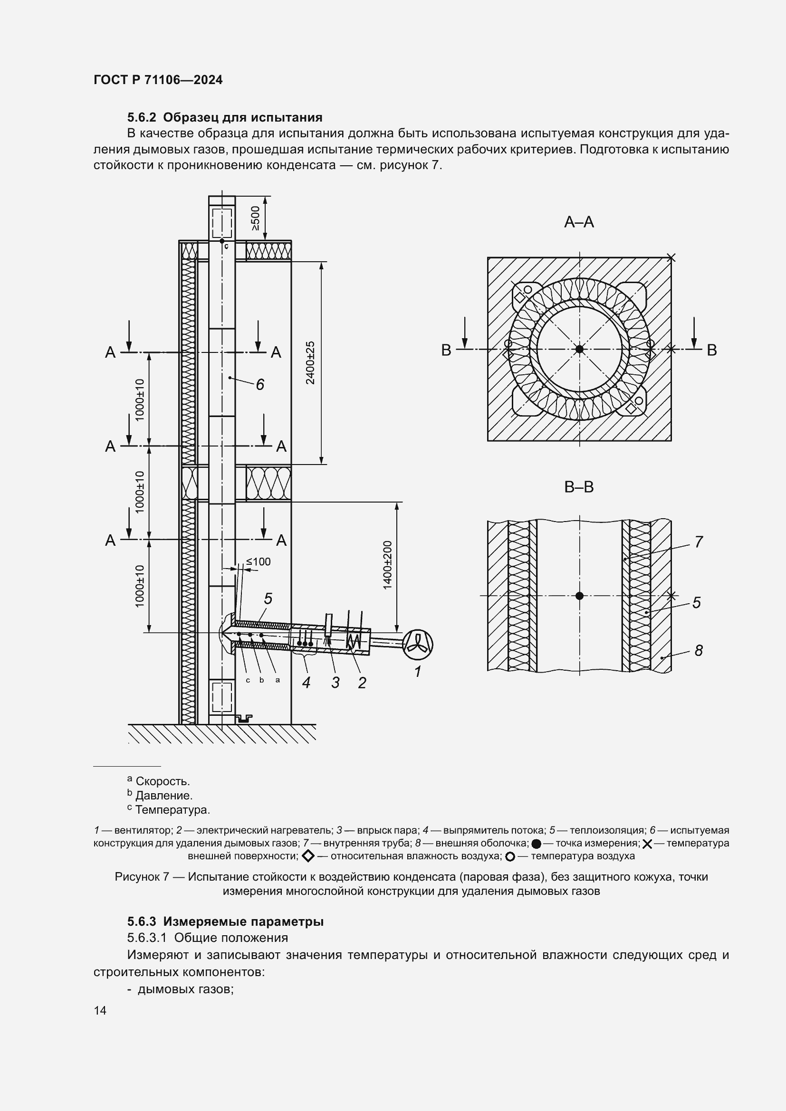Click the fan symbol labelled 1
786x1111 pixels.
click(418, 645)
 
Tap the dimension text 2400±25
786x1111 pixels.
click(311, 363)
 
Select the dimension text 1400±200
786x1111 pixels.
click(387, 565)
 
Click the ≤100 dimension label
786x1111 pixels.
click(259, 562)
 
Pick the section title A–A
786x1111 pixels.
click(579, 222)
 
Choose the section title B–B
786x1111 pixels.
click(579, 487)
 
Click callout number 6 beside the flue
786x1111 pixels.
click(260, 385)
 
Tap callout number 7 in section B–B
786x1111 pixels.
click(699, 542)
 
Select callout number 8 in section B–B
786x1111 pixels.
click(699, 651)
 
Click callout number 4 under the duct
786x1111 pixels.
click(307, 683)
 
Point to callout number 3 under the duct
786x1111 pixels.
click(335, 683)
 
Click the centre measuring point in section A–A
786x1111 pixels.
click(579, 349)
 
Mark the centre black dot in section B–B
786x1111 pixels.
click(579, 596)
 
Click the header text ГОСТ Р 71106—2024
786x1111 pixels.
click(158, 80)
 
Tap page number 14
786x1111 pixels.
click(100, 1010)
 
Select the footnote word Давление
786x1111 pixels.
click(163, 796)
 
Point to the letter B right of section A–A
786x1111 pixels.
click(711, 351)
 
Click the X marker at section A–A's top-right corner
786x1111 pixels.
click(671, 257)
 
